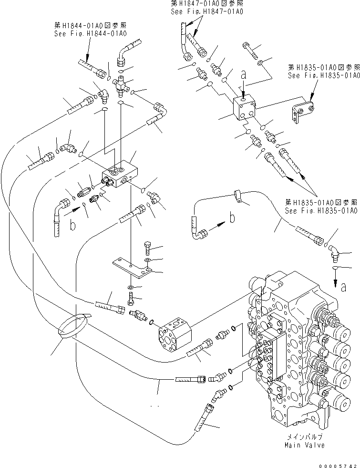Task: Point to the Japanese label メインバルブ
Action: (x=305, y=437)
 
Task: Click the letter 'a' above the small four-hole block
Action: (x=244, y=75)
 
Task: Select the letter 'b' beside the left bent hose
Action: (x=73, y=225)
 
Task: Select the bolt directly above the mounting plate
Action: (x=147, y=248)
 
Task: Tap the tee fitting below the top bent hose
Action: (x=121, y=84)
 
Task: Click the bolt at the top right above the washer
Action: (x=247, y=48)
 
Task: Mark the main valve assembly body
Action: (x=296, y=353)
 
